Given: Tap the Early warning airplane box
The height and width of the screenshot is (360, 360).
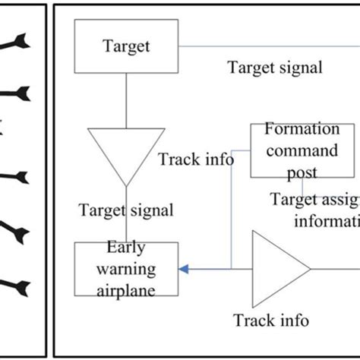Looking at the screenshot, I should click(x=125, y=269).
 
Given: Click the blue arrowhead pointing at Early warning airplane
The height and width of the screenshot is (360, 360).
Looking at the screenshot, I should click(x=183, y=268).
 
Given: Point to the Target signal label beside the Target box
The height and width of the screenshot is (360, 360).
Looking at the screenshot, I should click(x=275, y=67).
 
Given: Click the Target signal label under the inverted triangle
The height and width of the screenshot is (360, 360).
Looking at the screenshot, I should click(x=126, y=210).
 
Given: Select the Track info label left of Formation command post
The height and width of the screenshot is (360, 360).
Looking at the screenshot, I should click(x=196, y=160).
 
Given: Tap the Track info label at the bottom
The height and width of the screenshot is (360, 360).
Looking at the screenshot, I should click(x=271, y=321).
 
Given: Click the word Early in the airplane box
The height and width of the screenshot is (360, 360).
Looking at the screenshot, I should click(x=125, y=247).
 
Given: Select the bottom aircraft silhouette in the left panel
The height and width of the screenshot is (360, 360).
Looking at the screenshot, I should click(x=17, y=286).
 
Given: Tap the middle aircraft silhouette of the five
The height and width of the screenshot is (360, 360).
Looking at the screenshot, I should click(x=17, y=177).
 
